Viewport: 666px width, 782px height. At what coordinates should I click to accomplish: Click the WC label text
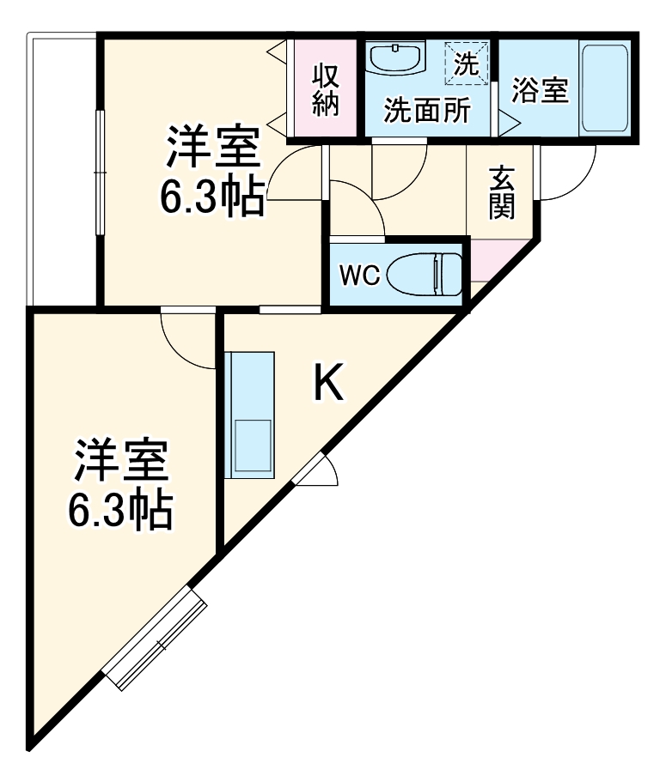coord(358,276)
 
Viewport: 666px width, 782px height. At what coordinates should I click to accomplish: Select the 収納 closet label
coord(326,90)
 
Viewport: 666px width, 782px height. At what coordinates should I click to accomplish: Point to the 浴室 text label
coord(540,90)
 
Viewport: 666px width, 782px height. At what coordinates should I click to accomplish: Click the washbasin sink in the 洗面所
coord(396,59)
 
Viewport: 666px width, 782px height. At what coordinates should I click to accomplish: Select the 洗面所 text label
coord(426,112)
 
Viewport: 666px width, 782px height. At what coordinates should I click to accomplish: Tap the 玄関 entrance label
coord(502,192)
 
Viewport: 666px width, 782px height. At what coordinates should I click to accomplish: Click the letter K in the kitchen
coord(327,385)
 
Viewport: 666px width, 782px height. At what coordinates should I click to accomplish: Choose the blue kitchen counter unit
coord(249,414)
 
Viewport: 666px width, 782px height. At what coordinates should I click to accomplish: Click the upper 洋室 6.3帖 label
coord(211,170)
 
